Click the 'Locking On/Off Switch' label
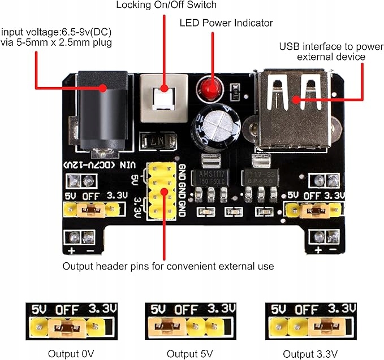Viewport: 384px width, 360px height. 166,6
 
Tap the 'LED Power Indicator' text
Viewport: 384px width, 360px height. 226,23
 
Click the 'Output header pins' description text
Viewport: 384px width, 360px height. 168,266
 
